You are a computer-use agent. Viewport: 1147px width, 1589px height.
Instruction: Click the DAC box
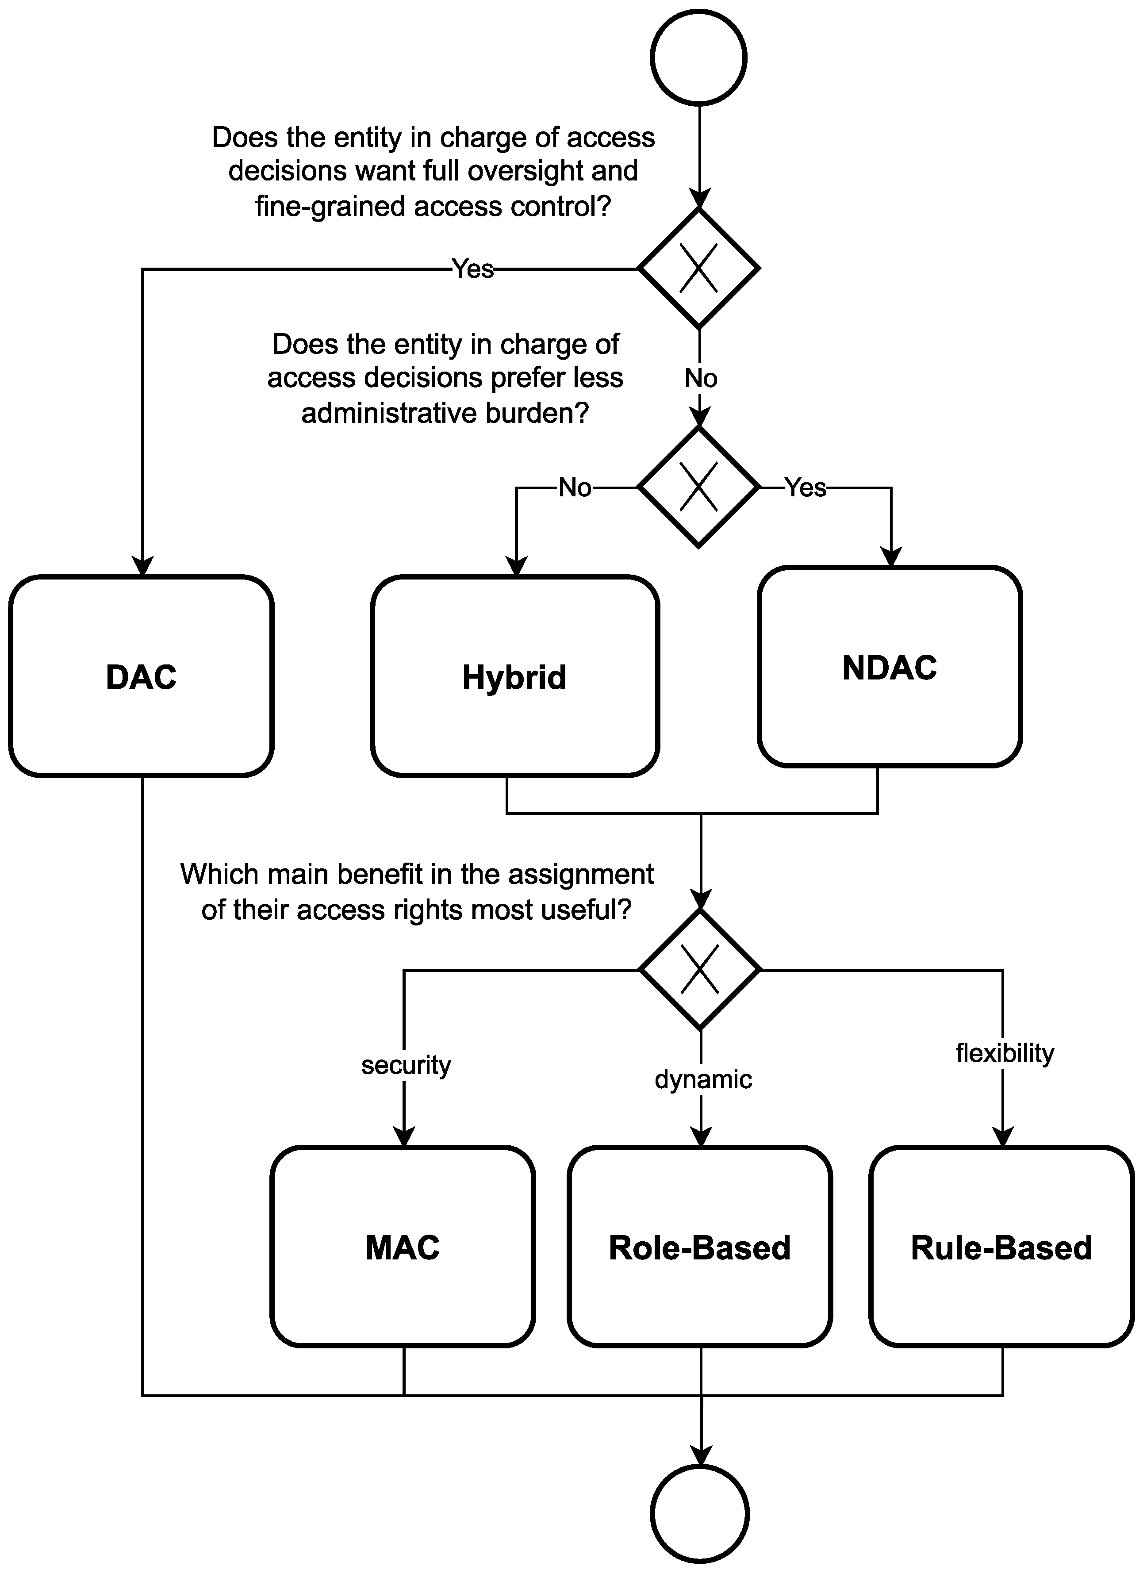141,676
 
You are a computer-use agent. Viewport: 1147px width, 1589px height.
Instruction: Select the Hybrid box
514,676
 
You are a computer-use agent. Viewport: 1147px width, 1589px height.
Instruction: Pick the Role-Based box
699,1247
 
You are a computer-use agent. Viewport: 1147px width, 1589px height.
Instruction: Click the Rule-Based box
1001,1247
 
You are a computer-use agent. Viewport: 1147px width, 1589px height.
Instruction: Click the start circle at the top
698,58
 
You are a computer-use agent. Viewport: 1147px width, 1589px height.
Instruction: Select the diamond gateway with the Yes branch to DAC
698,269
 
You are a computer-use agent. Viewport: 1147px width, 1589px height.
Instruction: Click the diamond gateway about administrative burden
698,487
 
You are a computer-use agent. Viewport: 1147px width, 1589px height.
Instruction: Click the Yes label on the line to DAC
472,269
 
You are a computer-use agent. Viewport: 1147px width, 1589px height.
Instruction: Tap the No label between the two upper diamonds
700,378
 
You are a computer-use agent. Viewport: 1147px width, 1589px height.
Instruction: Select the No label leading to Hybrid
575,487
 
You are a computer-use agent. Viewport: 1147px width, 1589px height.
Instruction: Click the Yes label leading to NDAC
805,487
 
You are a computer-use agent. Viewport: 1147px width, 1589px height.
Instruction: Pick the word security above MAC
406,1065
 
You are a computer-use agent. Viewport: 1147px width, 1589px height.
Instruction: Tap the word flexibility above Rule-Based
1004,1053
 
